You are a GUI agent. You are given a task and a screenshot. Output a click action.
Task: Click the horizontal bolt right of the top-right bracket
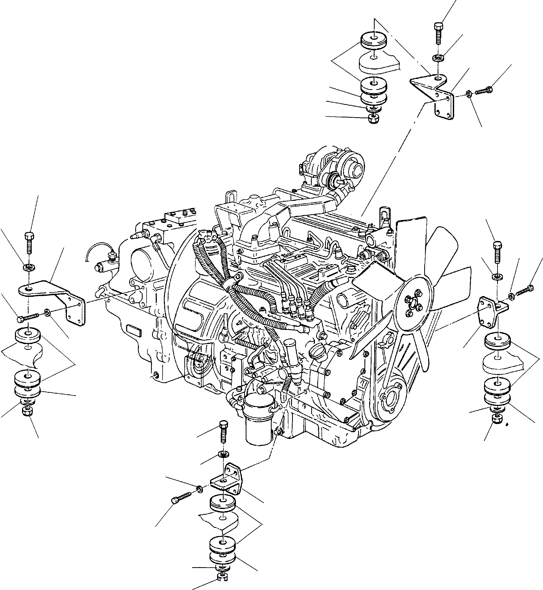tap(484, 90)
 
